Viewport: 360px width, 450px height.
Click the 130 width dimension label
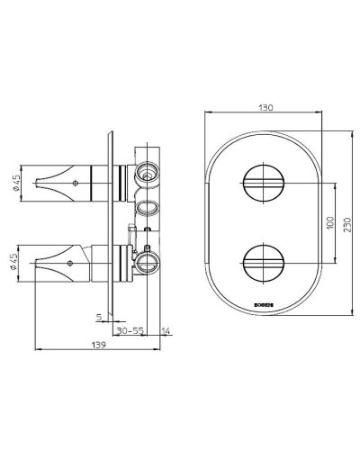tap(264, 106)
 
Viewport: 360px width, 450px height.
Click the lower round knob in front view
tap(264, 262)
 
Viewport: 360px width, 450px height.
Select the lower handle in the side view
tap(72, 263)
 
